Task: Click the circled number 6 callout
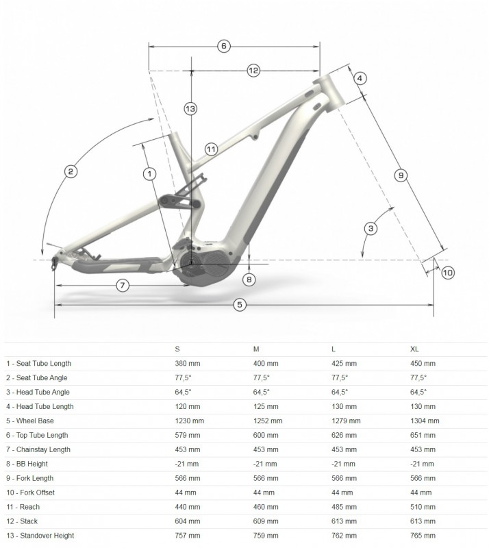click(224, 46)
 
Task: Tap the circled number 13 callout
click(190, 109)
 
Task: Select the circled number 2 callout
click(71, 172)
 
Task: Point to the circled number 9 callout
click(401, 175)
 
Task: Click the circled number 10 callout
click(448, 273)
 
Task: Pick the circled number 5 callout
click(240, 305)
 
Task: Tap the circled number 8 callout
click(249, 279)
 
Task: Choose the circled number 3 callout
click(371, 229)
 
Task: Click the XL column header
click(414, 349)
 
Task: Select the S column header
click(177, 349)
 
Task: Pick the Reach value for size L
click(344, 507)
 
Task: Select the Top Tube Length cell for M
click(266, 435)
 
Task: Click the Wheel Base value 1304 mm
click(425, 421)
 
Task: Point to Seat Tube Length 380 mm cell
click(188, 364)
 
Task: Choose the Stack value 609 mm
click(266, 521)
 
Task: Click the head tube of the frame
click(329, 92)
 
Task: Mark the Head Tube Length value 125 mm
click(266, 406)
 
